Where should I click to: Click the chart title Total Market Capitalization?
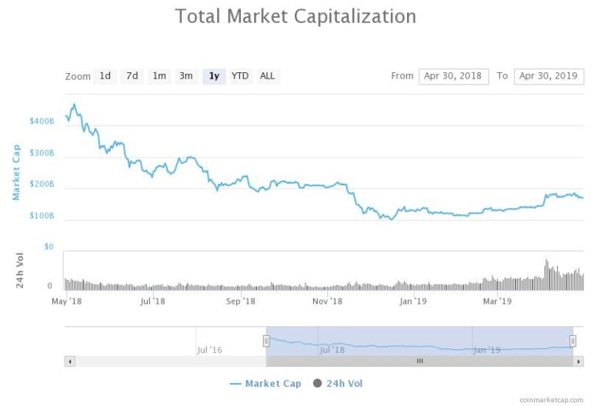(x=295, y=16)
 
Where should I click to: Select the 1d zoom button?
(x=105, y=75)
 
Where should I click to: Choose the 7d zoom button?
(x=132, y=75)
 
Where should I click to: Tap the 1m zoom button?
(x=159, y=75)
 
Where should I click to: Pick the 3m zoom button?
(x=186, y=75)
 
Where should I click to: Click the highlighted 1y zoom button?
(x=214, y=75)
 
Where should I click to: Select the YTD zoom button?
(x=240, y=75)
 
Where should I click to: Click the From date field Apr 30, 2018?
(x=453, y=75)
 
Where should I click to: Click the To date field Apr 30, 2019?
(x=549, y=75)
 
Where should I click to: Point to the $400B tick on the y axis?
(x=42, y=121)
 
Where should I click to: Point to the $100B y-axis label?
(x=42, y=216)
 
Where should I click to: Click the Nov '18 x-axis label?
(x=328, y=301)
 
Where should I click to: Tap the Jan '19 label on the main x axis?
(x=414, y=301)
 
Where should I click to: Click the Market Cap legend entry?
(x=265, y=383)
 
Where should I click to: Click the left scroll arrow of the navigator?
(x=69, y=361)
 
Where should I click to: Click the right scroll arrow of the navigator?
(x=579, y=361)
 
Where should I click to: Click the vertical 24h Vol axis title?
(x=22, y=271)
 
